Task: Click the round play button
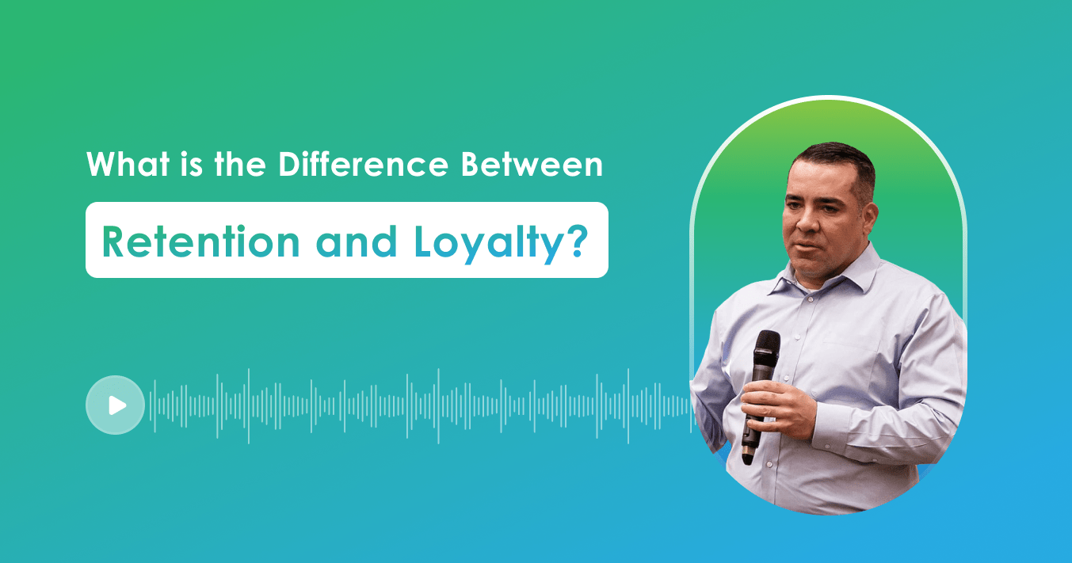(x=115, y=405)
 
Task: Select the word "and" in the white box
(x=356, y=242)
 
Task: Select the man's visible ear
(x=870, y=214)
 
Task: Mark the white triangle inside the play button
(x=118, y=405)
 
